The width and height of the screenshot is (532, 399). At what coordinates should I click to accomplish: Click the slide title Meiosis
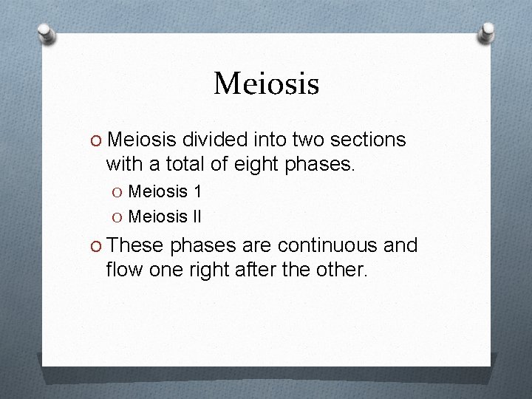pyautogui.click(x=266, y=83)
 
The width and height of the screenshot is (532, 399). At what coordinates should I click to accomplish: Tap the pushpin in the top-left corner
pyautogui.click(x=46, y=33)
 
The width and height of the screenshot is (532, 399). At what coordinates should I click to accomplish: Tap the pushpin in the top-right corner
pyautogui.click(x=487, y=32)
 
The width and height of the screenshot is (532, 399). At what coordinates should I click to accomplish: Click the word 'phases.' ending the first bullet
pyautogui.click(x=323, y=165)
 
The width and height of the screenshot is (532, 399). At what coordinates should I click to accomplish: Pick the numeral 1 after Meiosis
pyautogui.click(x=197, y=192)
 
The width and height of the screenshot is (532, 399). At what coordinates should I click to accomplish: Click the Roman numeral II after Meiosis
pyautogui.click(x=196, y=217)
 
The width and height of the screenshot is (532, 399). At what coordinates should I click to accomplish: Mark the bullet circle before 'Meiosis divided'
pyautogui.click(x=98, y=140)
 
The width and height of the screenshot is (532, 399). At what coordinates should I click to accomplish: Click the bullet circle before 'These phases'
pyautogui.click(x=98, y=246)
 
